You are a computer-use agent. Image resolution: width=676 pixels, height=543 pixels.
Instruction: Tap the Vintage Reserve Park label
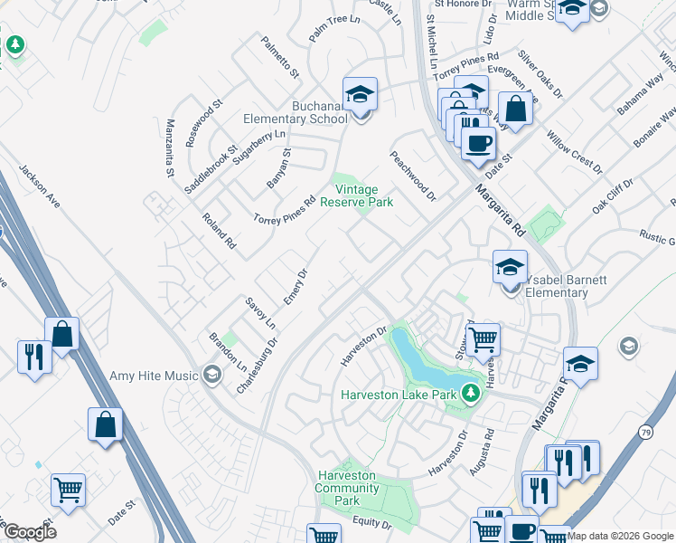point(363,195)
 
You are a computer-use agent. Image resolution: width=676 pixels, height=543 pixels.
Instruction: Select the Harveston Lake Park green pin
point(470,393)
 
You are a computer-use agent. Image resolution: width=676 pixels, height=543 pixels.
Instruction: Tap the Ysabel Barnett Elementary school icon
point(511,268)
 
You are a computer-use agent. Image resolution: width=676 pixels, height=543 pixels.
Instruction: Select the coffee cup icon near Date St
point(478,143)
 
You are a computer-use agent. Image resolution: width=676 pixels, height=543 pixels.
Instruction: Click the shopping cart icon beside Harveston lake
point(484,339)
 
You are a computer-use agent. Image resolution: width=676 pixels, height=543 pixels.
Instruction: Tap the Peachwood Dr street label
point(413,176)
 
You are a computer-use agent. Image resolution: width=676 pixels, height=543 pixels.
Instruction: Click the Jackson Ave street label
point(39,186)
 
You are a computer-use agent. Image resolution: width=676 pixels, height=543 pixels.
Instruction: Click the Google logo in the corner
point(29,531)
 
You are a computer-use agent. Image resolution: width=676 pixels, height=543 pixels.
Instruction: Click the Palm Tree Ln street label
point(333,33)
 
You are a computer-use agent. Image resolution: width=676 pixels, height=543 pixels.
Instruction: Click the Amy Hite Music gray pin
point(212,374)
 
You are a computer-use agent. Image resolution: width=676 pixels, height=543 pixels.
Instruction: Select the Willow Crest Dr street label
point(575,150)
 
